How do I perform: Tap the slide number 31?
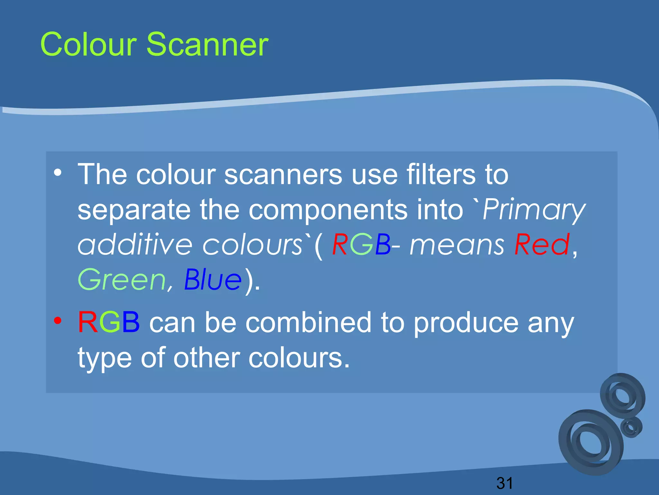tap(505, 483)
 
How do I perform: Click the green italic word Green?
tap(121, 280)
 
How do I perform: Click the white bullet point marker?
tap(58, 173)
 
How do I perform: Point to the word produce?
tap(466, 324)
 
